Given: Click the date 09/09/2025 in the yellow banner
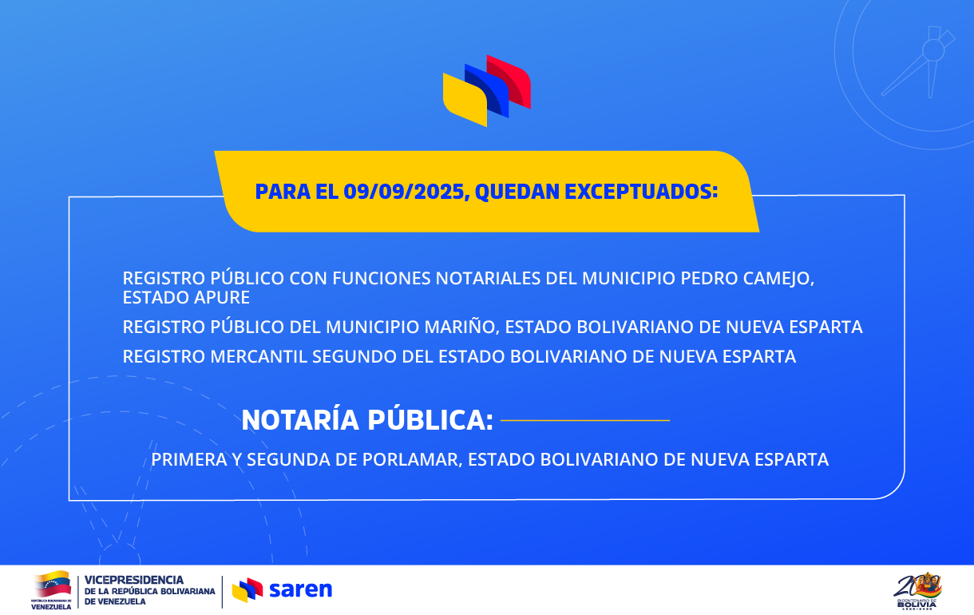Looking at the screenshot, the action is tap(405, 192).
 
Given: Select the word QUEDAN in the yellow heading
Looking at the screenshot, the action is tap(517, 192).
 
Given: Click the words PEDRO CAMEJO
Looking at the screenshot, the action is tap(747, 279).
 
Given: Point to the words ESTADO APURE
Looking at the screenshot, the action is tap(186, 297).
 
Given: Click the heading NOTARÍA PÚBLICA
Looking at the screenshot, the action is tap(367, 420).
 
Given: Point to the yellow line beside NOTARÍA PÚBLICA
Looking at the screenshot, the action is tap(585, 421).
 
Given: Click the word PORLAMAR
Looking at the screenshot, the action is tap(412, 460).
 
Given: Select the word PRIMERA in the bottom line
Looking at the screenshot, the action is tap(189, 460).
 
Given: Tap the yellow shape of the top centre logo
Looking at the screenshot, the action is tap(465, 100).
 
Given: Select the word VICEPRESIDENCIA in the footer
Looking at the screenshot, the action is tap(134, 580).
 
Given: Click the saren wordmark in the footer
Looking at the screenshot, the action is tap(300, 589).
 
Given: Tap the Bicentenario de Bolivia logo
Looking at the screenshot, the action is tap(917, 591).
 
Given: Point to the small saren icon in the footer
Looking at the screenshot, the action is tap(247, 589).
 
